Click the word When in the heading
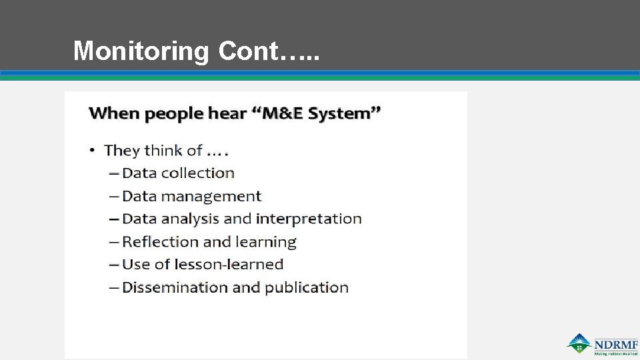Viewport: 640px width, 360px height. [x=115, y=113]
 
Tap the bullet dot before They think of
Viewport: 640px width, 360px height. [x=93, y=151]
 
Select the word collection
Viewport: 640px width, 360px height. [x=197, y=173]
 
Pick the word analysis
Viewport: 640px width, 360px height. [x=189, y=219]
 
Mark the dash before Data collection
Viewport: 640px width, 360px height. [x=114, y=173]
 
